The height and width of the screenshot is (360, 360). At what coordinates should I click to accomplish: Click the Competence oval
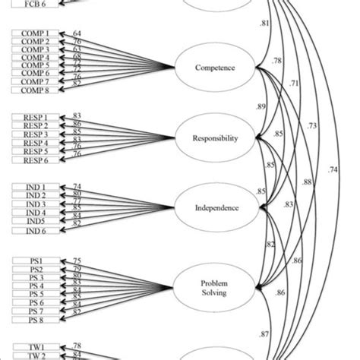[x=216, y=68]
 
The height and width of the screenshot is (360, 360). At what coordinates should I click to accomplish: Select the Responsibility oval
[x=216, y=137]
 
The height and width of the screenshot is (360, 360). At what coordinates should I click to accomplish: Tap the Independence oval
[x=216, y=207]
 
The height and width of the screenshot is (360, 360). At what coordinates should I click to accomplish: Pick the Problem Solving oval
[x=216, y=283]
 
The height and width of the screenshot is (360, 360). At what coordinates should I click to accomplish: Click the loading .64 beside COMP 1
[x=77, y=33]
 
